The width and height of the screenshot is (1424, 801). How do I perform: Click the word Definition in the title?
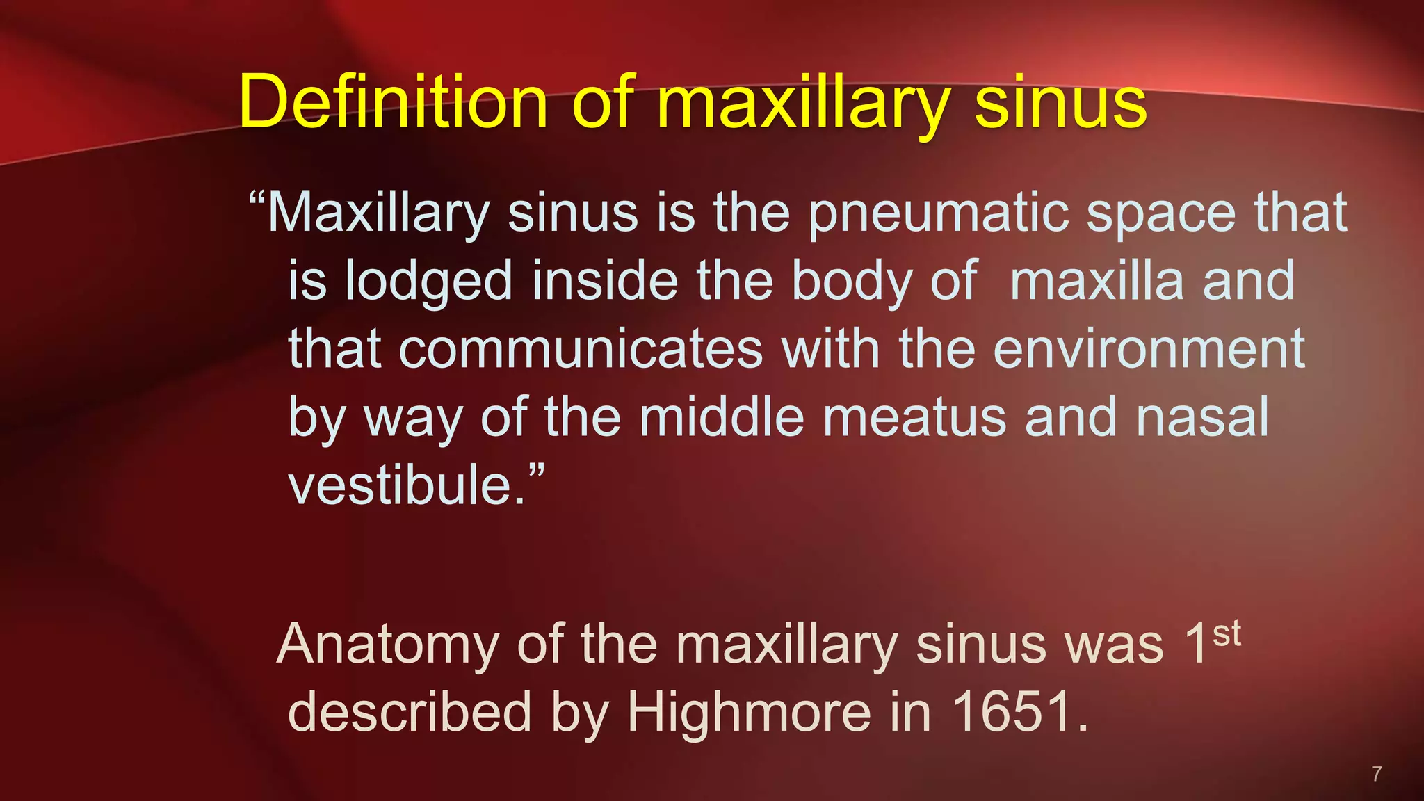click(x=393, y=103)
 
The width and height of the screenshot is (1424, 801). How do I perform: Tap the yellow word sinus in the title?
click(x=1060, y=103)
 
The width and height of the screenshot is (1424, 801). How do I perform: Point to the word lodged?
click(x=428, y=281)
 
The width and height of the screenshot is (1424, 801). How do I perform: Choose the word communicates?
click(x=581, y=348)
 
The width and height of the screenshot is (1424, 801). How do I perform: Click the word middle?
click(x=721, y=416)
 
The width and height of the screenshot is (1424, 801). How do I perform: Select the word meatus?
click(x=914, y=417)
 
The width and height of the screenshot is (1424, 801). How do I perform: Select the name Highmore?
click(x=749, y=712)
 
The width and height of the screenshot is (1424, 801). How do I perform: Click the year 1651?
click(x=1012, y=712)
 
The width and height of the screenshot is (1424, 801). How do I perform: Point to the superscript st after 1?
click(x=1227, y=633)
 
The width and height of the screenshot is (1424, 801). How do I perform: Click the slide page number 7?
click(x=1376, y=773)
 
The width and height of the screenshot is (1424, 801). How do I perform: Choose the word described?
click(x=410, y=712)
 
